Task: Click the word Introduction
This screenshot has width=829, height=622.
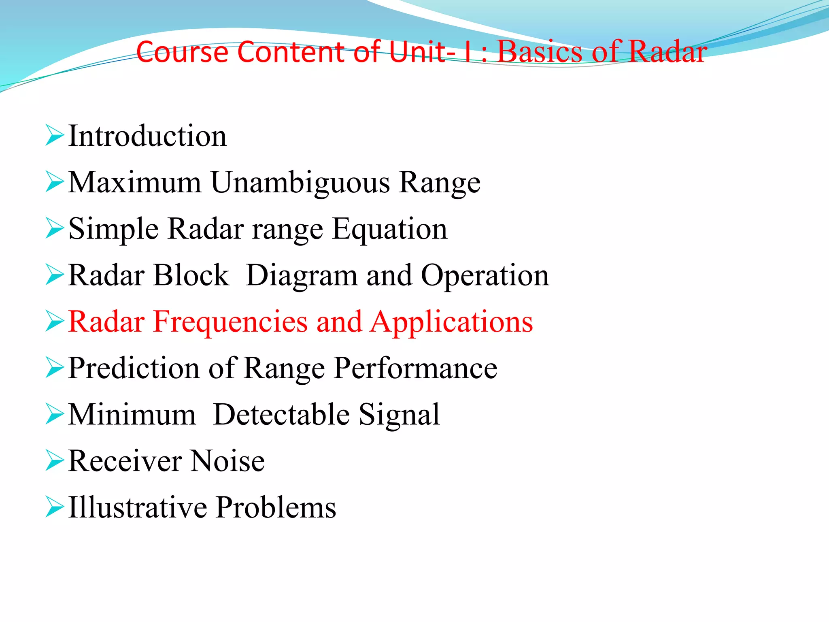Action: pyautogui.click(x=147, y=136)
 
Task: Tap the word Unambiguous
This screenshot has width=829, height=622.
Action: pyautogui.click(x=300, y=183)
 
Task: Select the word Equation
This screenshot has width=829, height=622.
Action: pyautogui.click(x=390, y=229)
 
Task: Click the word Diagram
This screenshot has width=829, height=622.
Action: pyautogui.click(x=302, y=276)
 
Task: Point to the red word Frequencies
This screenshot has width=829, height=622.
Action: pyautogui.click(x=230, y=322)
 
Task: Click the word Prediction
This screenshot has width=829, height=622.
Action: pyautogui.click(x=134, y=369)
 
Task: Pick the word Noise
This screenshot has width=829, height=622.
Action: pyautogui.click(x=227, y=461)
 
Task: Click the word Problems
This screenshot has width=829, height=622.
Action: pyautogui.click(x=276, y=507)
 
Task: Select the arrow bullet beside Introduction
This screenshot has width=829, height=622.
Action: pyautogui.click(x=54, y=136)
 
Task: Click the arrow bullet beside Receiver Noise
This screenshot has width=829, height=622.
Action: pyautogui.click(x=54, y=461)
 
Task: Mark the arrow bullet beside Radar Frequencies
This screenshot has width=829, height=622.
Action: pyautogui.click(x=54, y=322)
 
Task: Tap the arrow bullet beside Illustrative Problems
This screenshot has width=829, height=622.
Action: pyautogui.click(x=54, y=507)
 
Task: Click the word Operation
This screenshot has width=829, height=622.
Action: pyautogui.click(x=485, y=276)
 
